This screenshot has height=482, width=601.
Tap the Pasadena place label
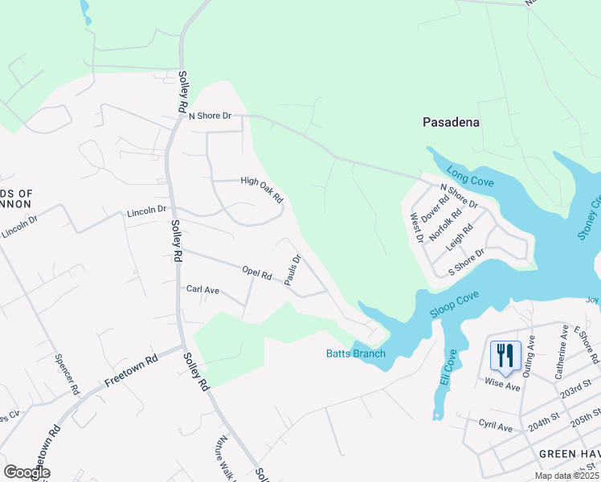[452, 122]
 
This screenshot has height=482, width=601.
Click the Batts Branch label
[356, 353]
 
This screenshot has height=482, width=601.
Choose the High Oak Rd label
[263, 189]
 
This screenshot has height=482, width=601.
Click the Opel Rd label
[257, 273]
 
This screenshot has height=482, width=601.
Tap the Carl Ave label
[202, 288]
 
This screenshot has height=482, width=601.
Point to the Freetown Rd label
[129, 370]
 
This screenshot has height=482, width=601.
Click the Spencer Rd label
[67, 374]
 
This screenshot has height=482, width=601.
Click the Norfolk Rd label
[445, 227]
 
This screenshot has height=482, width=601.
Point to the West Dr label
[416, 228]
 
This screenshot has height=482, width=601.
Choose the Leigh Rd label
[460, 238]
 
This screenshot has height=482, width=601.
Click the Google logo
[27, 472]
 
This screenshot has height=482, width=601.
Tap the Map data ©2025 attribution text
[566, 476]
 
